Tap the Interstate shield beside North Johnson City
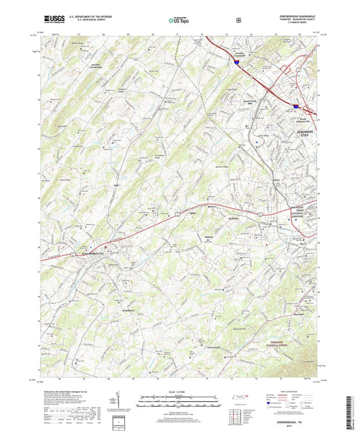coord(295,106)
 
